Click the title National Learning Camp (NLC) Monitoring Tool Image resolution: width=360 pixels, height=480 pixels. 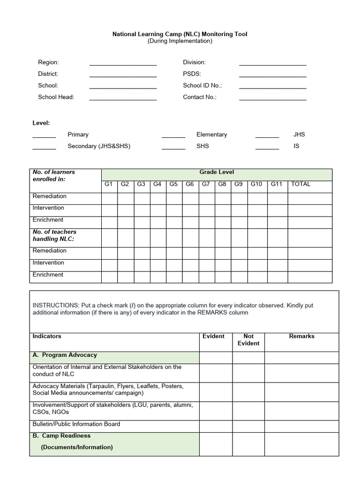[180, 34]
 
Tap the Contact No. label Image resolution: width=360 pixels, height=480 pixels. [200, 97]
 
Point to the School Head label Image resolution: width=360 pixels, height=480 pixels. [56, 97]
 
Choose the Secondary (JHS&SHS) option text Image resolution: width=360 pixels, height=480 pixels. [99, 146]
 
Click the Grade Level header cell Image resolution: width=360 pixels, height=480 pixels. [217, 172]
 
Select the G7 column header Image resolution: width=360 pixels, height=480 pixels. [206, 184]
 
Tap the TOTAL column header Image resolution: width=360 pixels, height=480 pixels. [301, 184]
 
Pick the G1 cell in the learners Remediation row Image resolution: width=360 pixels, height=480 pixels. [109, 198]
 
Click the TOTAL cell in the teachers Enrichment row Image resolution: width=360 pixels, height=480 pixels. [310, 277]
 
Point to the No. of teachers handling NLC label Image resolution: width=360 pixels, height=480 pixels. [54, 235]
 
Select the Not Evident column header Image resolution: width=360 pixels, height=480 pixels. [248, 340]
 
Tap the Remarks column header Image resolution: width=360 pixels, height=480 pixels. [301, 337]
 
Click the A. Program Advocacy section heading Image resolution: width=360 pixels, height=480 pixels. [65, 355]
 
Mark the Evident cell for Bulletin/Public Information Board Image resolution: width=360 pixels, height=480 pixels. [216, 425]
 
